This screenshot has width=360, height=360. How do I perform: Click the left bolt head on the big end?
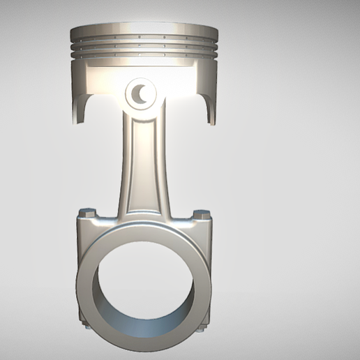(x=87, y=212)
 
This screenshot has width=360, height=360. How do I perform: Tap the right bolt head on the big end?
(x=202, y=213)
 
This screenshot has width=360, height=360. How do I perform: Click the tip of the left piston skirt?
(x=76, y=121)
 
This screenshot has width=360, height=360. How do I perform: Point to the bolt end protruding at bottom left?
(x=87, y=327)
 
